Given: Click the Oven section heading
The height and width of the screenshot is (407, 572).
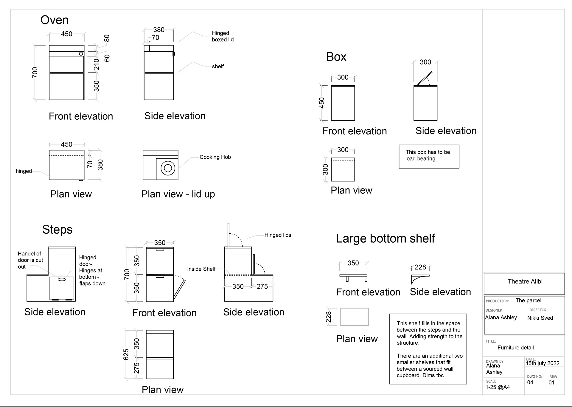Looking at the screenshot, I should (x=55, y=20).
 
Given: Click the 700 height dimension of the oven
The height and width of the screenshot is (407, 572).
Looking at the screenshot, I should (x=35, y=73).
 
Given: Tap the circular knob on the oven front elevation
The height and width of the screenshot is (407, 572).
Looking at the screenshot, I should (x=81, y=54).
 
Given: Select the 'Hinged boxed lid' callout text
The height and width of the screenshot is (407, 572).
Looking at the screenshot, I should (x=223, y=36).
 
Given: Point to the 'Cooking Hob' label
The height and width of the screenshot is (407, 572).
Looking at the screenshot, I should (x=215, y=157).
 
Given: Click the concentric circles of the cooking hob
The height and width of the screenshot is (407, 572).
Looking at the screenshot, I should (x=168, y=168).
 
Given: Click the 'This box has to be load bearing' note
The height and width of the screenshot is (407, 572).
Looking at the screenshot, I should (x=428, y=155).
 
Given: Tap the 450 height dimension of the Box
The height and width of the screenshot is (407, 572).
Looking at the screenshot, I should (x=322, y=103).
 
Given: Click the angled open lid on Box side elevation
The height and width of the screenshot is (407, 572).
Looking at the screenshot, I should (x=424, y=78).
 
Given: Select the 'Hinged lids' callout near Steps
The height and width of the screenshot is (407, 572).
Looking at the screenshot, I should (x=278, y=235).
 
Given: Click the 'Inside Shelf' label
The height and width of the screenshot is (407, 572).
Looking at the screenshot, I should (x=201, y=269).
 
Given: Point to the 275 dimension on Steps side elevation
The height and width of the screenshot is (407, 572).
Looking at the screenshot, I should (x=262, y=287).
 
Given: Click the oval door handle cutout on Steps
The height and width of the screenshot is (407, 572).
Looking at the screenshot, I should (x=62, y=279).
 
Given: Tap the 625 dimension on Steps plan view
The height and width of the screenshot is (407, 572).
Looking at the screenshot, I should (x=126, y=354).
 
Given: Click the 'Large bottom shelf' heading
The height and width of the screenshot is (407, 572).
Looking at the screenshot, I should (x=385, y=239).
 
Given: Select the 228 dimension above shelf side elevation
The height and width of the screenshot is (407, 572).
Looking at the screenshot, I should (x=420, y=267).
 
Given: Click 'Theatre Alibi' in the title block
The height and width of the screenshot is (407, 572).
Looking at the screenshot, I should (x=525, y=282).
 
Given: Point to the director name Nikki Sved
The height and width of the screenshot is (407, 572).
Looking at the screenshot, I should (x=540, y=318).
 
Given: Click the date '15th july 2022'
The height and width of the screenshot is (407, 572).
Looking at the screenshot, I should (x=543, y=363).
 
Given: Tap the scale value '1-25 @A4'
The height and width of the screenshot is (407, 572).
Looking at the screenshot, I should (x=498, y=387).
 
